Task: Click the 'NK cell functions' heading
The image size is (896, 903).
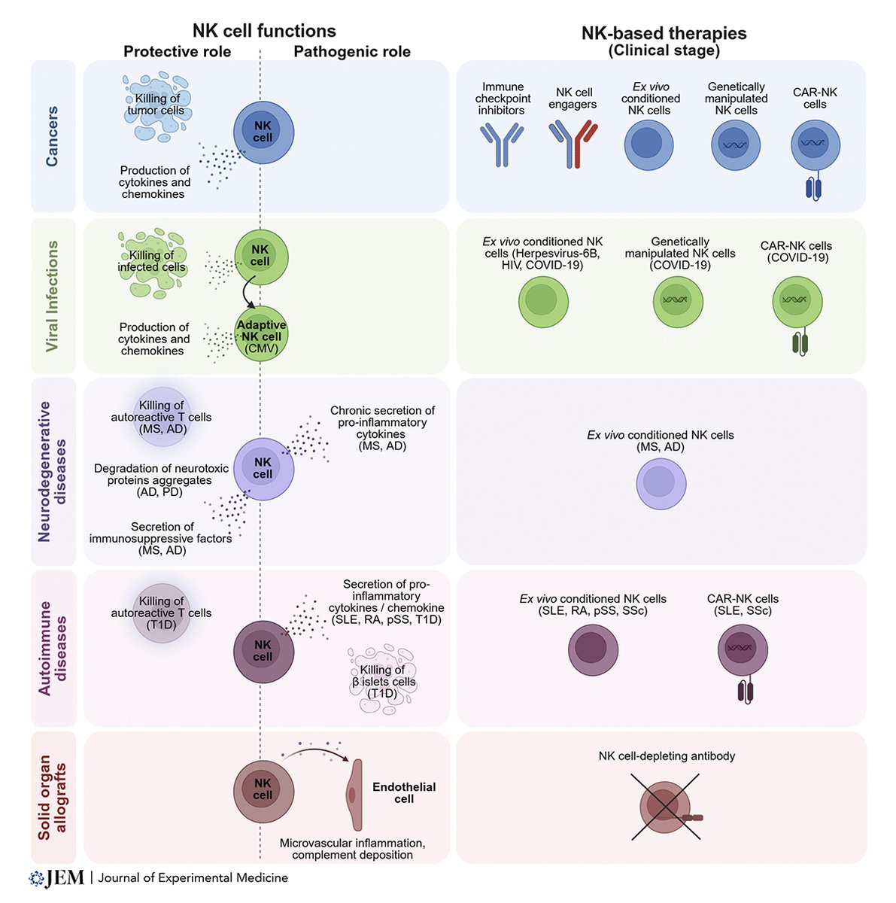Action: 264,31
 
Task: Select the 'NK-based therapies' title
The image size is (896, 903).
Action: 664,33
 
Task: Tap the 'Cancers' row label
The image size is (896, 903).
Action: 52,136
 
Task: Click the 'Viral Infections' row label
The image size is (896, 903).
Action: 52,296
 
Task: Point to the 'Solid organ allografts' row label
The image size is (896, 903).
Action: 52,797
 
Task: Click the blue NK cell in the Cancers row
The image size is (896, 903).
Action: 263,132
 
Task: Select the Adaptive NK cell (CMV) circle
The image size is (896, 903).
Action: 261,336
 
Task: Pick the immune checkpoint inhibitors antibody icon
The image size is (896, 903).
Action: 502,144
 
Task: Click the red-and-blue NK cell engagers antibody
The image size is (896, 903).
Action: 573,144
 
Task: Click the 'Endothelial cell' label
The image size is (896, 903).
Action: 404,792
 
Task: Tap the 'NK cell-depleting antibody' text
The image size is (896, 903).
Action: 667,756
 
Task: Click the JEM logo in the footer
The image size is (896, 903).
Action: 56,877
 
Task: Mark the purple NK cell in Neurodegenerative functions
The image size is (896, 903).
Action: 263,469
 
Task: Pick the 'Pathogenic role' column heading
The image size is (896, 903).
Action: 352,52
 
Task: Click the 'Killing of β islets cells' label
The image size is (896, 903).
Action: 383,681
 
